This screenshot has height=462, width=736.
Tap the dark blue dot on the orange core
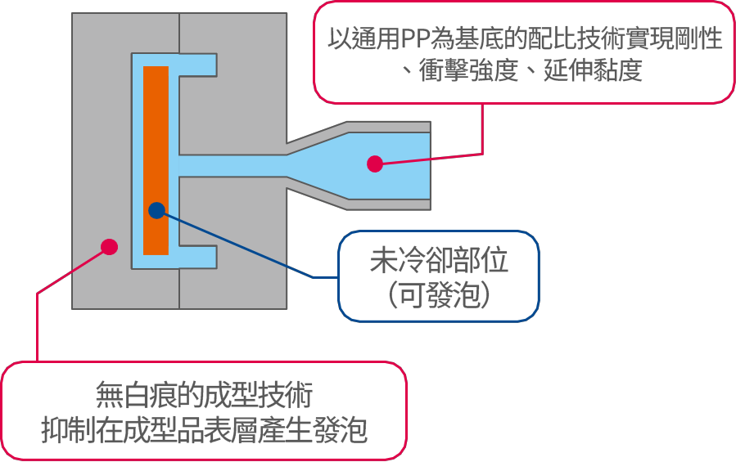pyautogui.click(x=156, y=210)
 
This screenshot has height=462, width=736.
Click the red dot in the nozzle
pyautogui.click(x=374, y=164)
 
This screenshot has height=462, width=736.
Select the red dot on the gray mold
pyautogui.click(x=108, y=246)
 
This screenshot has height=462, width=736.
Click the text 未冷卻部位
pyautogui.click(x=439, y=260)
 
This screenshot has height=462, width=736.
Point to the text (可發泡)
pyautogui.click(x=439, y=295)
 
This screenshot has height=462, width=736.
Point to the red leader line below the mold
pyautogui.click(x=38, y=327)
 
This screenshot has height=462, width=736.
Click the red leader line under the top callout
pyautogui.click(x=483, y=131)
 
